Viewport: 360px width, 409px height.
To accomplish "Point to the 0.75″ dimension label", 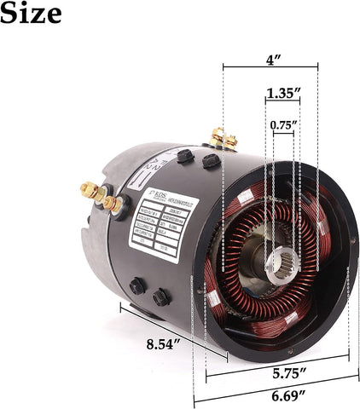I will (283, 125).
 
